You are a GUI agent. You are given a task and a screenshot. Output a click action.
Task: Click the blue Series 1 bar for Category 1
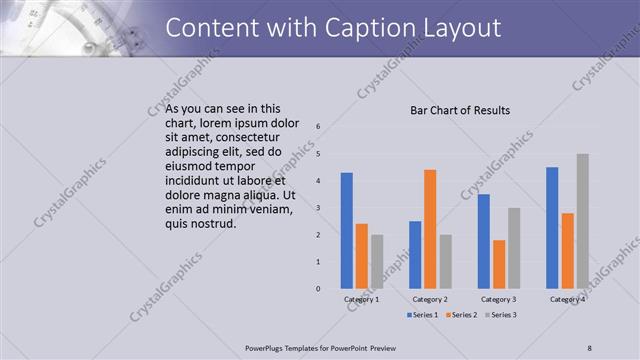pyautogui.click(x=346, y=231)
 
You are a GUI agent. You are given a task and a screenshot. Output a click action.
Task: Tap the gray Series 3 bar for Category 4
pyautogui.click(x=583, y=221)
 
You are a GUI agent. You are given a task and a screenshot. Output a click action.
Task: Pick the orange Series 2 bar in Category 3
pyautogui.click(x=498, y=264)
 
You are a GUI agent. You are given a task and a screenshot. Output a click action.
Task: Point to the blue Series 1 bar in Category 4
pyautogui.click(x=552, y=228)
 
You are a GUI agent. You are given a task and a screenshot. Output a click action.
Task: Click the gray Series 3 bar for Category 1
pyautogui.click(x=376, y=262)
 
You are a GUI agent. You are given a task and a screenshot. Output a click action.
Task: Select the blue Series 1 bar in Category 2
pyautogui.click(x=415, y=255)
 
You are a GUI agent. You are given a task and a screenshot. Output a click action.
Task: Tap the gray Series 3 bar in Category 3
pyautogui.click(x=514, y=248)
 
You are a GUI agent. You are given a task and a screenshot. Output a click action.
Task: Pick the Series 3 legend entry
pyautogui.click(x=502, y=315)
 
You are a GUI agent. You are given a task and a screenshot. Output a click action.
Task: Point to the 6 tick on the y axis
pyautogui.click(x=317, y=127)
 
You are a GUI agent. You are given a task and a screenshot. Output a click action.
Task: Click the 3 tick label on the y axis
pyautogui.click(x=317, y=208)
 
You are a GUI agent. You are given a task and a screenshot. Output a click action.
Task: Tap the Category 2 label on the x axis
pyautogui.click(x=430, y=299)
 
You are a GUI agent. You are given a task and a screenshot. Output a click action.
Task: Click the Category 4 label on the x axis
pyautogui.click(x=567, y=299)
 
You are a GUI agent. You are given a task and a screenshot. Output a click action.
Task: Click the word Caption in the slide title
pyautogui.click(x=371, y=27)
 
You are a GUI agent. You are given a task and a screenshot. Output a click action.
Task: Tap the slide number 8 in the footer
pyautogui.click(x=590, y=347)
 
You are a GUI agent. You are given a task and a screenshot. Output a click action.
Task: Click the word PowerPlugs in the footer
pyautogui.click(x=269, y=347)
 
